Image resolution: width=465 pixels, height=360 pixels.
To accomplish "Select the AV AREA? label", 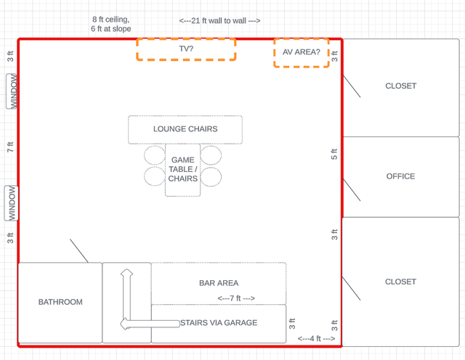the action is [302, 52].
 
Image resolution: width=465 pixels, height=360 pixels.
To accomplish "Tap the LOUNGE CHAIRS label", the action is [185, 129].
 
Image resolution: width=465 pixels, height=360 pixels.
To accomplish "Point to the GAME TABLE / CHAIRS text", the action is [182, 169].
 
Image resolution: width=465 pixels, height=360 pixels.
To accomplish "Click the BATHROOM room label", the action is [60, 302].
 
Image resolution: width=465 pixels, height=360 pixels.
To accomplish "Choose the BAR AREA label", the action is [219, 283].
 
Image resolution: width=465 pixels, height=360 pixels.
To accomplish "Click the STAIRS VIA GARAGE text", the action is [219, 323].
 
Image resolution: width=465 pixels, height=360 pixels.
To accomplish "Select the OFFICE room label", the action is [400, 176].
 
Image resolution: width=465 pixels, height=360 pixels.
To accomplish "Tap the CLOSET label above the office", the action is [401, 86].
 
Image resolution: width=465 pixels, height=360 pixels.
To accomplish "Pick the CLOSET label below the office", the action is [400, 282].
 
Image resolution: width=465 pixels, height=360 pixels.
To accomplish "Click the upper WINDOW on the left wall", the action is [12, 91].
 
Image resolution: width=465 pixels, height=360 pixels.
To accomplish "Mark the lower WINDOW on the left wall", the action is [12, 203].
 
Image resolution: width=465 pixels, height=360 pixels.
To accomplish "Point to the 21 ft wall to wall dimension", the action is [219, 21].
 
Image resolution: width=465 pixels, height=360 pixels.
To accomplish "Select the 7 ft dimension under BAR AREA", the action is [236, 298].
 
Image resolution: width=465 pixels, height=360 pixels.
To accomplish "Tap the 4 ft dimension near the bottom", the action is [317, 338].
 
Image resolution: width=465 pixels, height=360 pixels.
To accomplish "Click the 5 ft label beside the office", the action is [334, 154].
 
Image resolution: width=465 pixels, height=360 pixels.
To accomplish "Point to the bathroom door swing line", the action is [79, 250].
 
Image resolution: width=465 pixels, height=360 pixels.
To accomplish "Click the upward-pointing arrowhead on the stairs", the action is [126, 272].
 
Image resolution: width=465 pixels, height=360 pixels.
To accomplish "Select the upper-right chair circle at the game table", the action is [211, 155].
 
